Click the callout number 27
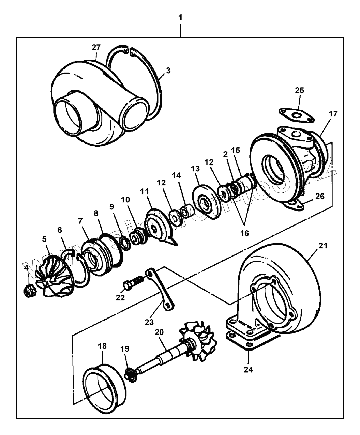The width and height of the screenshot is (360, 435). click(x=96, y=48)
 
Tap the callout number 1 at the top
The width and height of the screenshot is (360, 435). click(x=180, y=18)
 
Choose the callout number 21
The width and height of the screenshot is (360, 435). click(x=323, y=245)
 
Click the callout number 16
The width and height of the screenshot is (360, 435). click(x=244, y=233)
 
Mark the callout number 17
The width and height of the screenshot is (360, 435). click(x=333, y=114)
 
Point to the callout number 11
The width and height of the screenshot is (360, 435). click(x=145, y=192)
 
